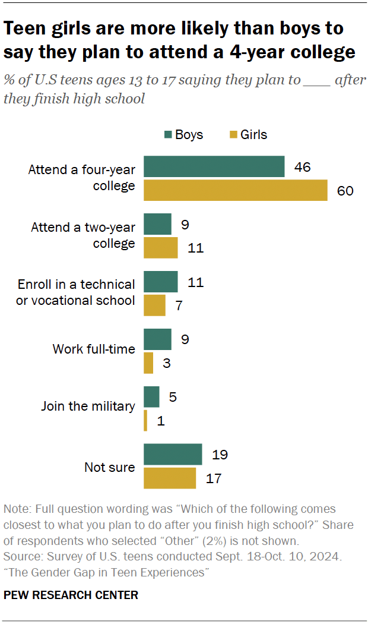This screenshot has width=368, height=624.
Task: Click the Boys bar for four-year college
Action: (214, 167)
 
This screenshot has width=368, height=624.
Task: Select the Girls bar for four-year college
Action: (236, 190)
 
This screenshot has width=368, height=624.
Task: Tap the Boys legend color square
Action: (168, 135)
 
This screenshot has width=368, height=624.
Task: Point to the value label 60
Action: (345, 190)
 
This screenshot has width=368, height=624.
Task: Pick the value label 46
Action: (302, 167)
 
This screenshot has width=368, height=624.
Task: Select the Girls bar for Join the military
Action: (145, 421)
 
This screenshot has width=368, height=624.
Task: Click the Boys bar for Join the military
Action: (151, 397)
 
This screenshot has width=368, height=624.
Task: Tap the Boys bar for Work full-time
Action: (157, 339)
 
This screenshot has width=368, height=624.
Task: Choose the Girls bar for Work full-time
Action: (148, 363)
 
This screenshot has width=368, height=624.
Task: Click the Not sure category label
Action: (109, 467)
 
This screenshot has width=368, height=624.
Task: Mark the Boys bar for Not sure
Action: (173, 455)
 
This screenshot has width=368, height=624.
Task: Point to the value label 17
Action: (213, 478)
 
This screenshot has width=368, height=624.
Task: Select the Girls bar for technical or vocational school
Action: (154, 305)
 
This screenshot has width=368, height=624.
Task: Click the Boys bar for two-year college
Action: (157, 225)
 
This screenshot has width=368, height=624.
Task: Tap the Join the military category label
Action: (88, 406)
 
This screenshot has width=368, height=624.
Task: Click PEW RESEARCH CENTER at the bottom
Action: (71, 594)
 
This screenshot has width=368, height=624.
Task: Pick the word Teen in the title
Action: (25, 28)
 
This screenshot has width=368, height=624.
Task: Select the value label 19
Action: (220, 455)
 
